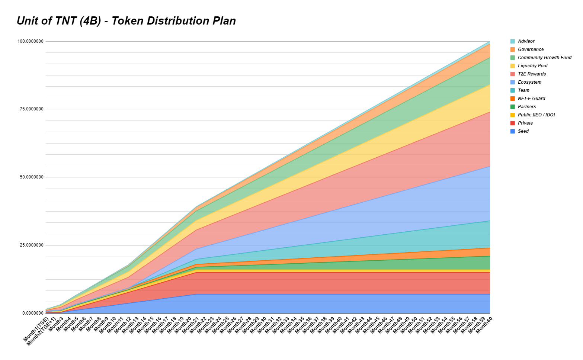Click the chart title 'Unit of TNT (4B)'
[126, 21]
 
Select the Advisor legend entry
[526, 41]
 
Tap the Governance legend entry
[531, 49]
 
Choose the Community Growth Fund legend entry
[544, 58]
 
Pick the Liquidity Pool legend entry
[532, 66]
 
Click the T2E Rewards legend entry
[532, 74]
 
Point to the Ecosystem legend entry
[529, 82]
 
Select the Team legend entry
[523, 90]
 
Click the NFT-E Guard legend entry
[531, 99]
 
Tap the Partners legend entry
[527, 107]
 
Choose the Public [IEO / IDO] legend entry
[536, 115]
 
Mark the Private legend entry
[525, 123]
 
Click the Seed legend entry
[523, 131]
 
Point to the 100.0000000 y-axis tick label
[31, 41]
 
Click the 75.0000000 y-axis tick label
[32, 109]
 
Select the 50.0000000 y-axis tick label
[32, 177]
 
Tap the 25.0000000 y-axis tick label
[32, 245]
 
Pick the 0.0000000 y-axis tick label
[33, 313]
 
